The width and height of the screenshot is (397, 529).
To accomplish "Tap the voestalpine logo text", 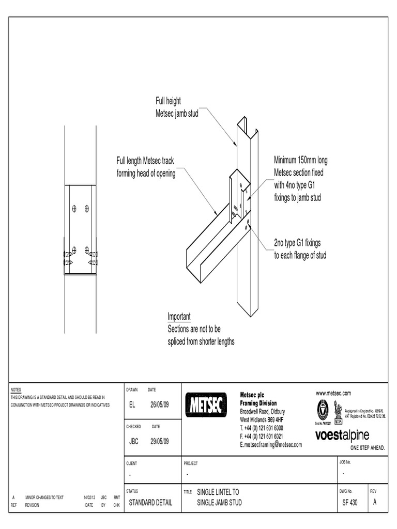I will (x=342, y=436).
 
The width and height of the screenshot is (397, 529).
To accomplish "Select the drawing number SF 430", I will (x=349, y=503).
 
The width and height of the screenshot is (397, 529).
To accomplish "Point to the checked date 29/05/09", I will (x=159, y=441).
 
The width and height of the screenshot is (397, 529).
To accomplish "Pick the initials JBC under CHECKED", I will (x=133, y=441).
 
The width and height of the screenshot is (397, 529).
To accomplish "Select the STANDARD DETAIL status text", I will (x=150, y=503).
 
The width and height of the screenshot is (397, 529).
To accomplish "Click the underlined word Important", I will (x=179, y=317).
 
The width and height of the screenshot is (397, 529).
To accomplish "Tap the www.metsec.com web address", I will (x=333, y=393).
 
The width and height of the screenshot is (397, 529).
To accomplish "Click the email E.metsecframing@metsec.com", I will (x=270, y=444).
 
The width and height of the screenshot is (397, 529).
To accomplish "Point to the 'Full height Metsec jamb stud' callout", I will (x=177, y=107).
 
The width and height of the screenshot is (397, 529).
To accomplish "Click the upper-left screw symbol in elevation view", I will (x=74, y=209).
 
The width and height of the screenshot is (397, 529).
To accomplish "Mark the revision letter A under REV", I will (x=375, y=503).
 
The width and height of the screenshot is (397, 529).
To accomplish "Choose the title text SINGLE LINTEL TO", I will (x=218, y=492).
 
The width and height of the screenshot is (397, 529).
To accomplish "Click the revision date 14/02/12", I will (x=89, y=497).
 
